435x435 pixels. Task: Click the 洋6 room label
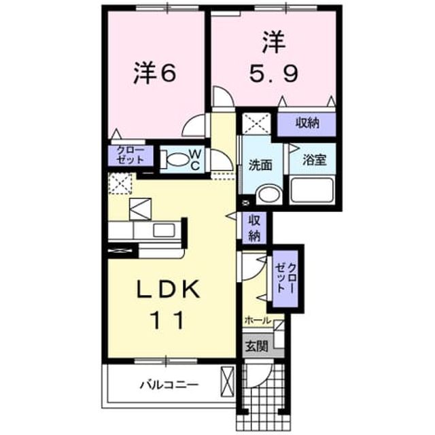point(154,73)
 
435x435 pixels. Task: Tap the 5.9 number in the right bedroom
point(274,74)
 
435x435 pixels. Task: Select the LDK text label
point(169,290)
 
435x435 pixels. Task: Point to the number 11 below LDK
point(167,320)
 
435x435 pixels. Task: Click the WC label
point(195,159)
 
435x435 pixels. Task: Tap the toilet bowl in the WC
point(174,160)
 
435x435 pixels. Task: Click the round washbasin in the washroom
point(268,195)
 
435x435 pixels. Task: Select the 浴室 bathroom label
point(314,160)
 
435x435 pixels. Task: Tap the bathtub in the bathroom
point(311,190)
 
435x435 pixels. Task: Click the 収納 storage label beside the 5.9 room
point(307,123)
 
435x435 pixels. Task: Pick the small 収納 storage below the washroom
point(254,228)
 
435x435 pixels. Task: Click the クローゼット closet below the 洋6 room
point(130,156)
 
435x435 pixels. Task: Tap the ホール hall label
point(257,320)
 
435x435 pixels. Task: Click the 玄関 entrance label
point(257,346)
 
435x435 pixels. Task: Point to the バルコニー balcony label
point(169,385)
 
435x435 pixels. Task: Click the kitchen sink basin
point(164,230)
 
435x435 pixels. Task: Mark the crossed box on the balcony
point(227,382)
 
